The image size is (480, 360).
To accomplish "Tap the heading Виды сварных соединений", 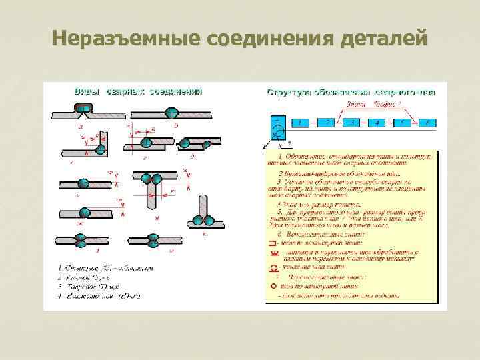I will click(137, 91).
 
